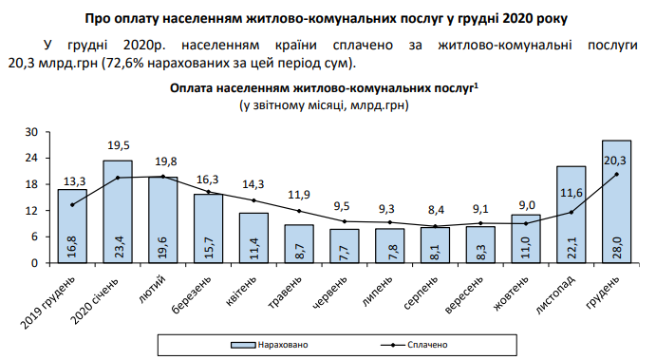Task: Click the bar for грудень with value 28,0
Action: (616, 201)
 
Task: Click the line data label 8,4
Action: (435, 210)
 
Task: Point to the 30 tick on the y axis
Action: (30, 132)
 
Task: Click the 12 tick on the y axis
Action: (30, 211)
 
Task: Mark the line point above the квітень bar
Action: (253, 200)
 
